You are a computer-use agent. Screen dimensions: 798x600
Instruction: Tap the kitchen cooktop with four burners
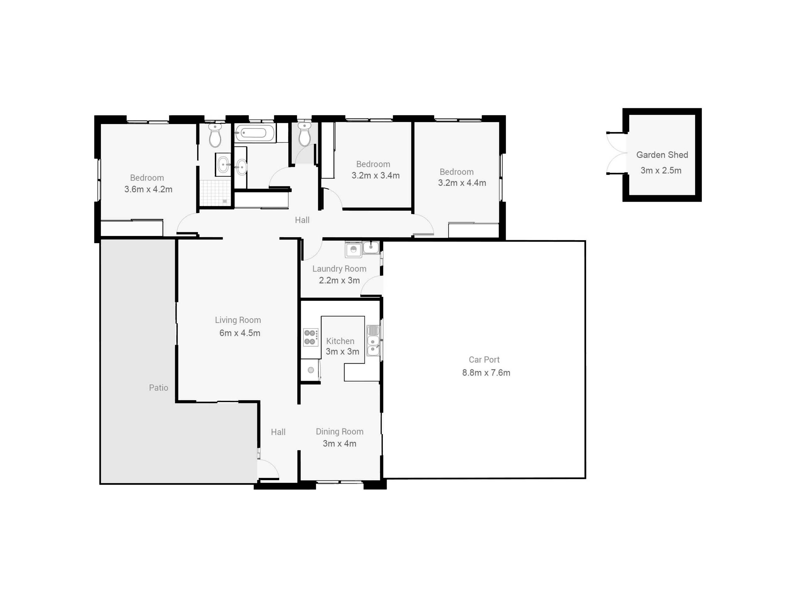311,337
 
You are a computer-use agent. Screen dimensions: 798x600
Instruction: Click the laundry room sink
371,247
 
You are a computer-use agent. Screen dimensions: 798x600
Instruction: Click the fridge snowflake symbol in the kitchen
311,370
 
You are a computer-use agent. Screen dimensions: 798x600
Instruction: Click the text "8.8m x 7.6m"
486,372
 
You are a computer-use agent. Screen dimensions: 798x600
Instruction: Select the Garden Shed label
662,155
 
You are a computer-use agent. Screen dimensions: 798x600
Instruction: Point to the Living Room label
238,320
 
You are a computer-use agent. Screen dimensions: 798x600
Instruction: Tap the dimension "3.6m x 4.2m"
148,189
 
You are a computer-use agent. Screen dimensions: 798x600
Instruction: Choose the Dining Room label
340,432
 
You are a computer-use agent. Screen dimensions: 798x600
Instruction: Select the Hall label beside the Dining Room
278,432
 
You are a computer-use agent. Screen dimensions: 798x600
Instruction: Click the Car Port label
484,360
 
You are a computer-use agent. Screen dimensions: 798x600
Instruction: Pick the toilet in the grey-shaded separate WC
304,134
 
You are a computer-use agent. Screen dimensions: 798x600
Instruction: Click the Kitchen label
340,341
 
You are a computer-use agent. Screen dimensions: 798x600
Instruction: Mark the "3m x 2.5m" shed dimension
661,170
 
